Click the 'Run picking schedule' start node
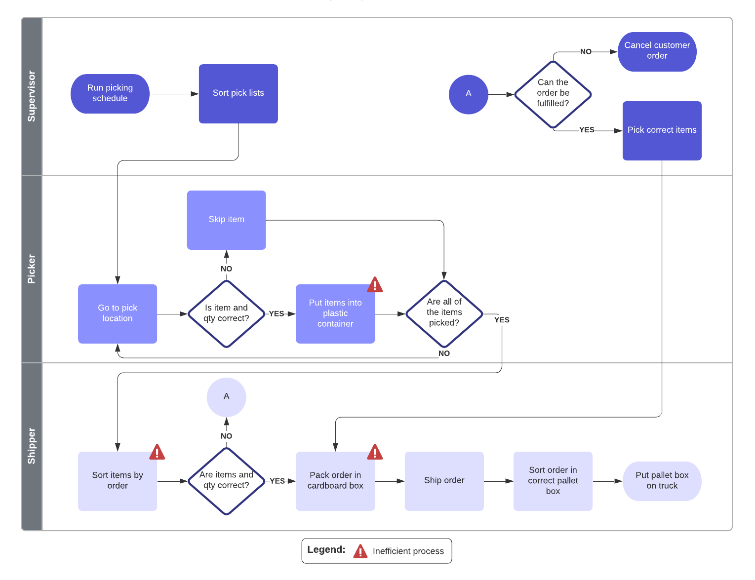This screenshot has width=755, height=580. pos(110,94)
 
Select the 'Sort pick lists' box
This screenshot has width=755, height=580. pos(238,94)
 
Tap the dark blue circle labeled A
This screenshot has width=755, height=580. pos(468,94)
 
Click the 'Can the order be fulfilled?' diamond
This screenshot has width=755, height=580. pos(553,94)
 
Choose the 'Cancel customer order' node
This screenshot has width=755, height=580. pos(657,51)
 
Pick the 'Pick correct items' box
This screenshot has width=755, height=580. pos(662,130)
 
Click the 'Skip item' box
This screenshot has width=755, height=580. pos(226,220)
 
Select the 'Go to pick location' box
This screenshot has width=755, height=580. pos(118,313)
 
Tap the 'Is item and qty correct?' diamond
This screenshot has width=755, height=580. pos(226,313)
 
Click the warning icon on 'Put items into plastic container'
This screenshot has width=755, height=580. pos(375,285)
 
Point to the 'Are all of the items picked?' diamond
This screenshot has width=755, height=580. pos(444,313)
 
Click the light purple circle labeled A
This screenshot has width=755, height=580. pos(226,397)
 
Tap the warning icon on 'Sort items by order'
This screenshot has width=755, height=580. pos(157,452)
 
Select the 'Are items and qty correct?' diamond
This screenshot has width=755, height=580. pos(226,480)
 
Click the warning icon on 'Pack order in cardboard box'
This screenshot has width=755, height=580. pos(375,452)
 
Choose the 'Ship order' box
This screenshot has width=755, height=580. pos(444,481)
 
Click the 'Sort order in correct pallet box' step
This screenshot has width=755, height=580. pos(553,481)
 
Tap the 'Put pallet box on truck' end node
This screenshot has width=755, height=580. pos(662,481)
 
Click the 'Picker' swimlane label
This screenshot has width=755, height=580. pos(32,269)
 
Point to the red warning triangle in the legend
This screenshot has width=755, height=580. pos(360,551)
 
